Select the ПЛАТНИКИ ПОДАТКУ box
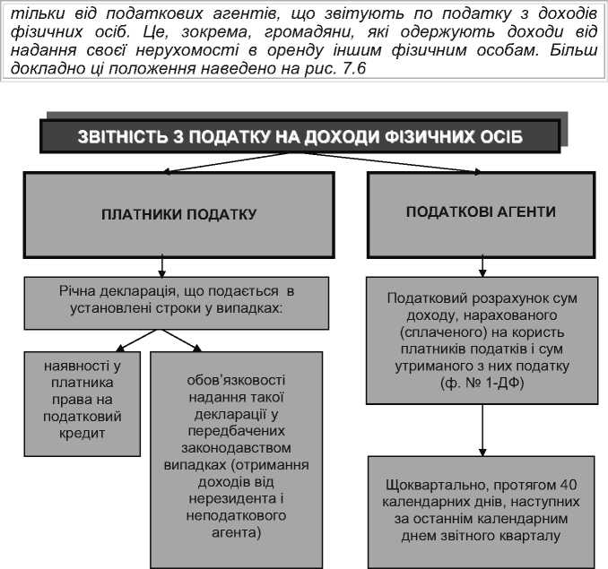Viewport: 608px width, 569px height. tap(178, 214)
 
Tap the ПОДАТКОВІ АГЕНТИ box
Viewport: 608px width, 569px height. tap(480, 212)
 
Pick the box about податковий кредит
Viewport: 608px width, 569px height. tap(82, 400)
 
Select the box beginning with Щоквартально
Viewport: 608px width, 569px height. tap(480, 511)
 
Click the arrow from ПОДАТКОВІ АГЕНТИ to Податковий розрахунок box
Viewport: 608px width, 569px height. tap(483, 266)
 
